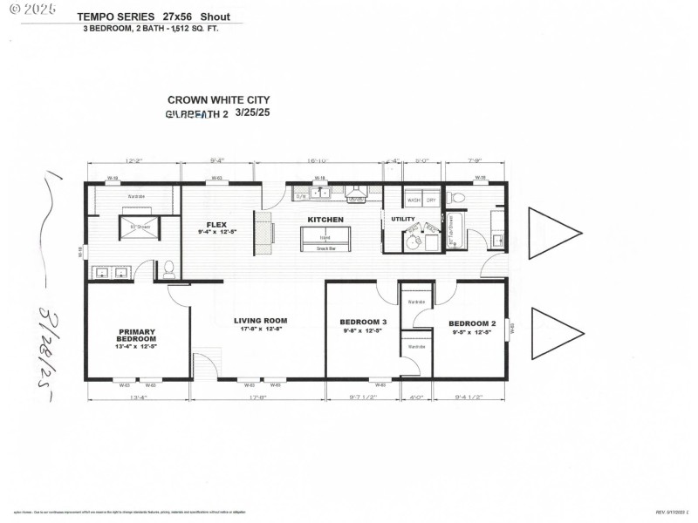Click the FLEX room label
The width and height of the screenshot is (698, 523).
coord(216,224)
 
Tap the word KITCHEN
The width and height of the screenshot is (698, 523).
coord(325,220)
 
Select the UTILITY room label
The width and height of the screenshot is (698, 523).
coord(403,219)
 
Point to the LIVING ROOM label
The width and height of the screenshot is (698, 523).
coord(260,321)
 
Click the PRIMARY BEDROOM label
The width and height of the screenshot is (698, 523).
coord(137,335)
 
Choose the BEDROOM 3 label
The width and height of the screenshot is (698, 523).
coord(363,322)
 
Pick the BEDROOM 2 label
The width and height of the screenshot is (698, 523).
coord(473,322)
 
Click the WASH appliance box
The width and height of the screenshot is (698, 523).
coord(414,200)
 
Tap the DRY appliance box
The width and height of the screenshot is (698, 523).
coord(431,200)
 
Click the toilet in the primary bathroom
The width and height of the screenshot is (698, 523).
coord(169,269)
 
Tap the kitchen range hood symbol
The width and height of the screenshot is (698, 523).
coord(356,192)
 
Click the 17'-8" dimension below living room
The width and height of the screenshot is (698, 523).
coord(257,398)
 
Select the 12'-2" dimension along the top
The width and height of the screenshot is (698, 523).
coord(133,160)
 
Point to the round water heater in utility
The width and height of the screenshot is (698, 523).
coord(410,240)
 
